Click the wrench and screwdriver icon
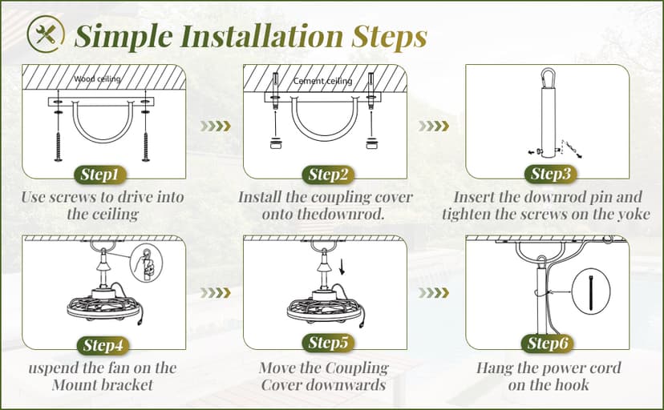[46, 34]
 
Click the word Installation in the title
[261, 36]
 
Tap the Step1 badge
[99, 175]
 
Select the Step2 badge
[328, 175]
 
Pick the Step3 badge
[551, 174]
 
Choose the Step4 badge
[103, 345]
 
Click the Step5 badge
[328, 343]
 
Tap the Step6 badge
[548, 344]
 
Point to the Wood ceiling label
[97, 78]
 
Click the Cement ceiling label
[322, 81]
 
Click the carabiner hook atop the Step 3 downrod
[548, 78]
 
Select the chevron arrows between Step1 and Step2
[216, 126]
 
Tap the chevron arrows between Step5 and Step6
[433, 293]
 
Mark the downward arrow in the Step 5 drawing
[342, 267]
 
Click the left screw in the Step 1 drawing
[58, 147]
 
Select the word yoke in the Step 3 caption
[634, 215]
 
